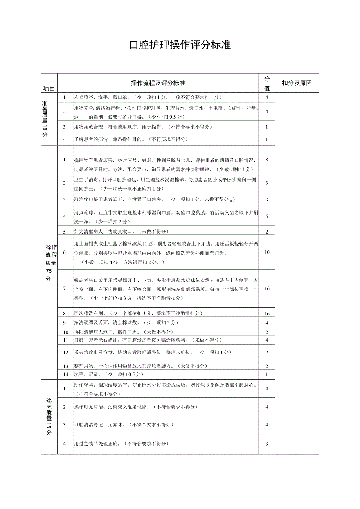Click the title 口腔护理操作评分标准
point(180,45)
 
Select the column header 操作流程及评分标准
point(158,83)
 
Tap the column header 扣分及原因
point(297,83)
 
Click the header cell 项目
point(49,88)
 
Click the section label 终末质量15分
point(49,417)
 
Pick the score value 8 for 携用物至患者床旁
point(266,159)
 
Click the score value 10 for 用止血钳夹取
point(267,252)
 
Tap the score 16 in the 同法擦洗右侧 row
point(266,313)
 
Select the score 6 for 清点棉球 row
point(266,216)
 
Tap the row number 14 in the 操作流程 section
point(65,374)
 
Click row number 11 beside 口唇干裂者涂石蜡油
point(65,340)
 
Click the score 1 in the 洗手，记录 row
point(266,374)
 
